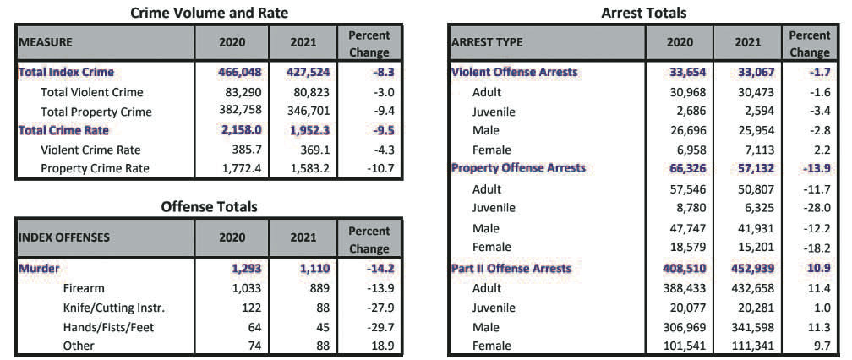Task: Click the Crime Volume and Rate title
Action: (x=210, y=13)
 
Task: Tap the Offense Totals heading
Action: (x=210, y=207)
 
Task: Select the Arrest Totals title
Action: (x=644, y=13)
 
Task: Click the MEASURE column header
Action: (x=46, y=42)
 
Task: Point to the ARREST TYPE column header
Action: (x=487, y=42)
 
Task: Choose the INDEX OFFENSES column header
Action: (x=64, y=237)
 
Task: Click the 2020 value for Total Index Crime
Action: (x=240, y=72)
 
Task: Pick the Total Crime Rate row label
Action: (x=63, y=130)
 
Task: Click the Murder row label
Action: (x=39, y=268)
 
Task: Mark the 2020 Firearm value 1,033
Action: (x=247, y=288)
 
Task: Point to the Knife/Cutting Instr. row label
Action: (x=113, y=308)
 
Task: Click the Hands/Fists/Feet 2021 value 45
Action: (x=325, y=327)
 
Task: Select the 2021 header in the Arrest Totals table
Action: (x=747, y=42)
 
